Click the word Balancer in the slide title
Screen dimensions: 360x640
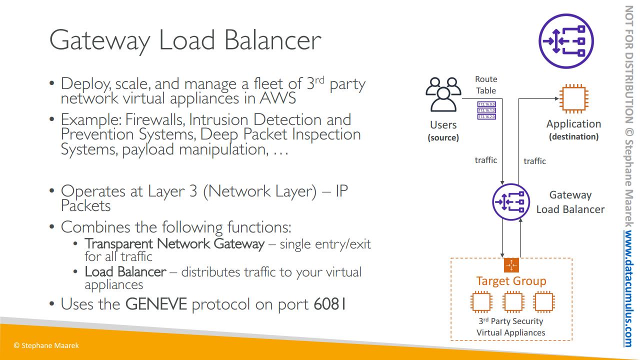272,40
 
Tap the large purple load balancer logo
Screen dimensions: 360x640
565,40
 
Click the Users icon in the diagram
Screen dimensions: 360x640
442,95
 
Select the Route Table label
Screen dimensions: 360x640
486,85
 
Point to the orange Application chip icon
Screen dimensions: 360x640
573,99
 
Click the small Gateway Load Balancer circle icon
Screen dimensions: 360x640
510,202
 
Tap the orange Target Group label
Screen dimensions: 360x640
511,281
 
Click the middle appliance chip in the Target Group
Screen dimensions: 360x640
512,302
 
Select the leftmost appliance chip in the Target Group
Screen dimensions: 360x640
481,302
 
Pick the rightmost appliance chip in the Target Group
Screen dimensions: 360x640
543,302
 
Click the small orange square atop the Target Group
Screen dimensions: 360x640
511,265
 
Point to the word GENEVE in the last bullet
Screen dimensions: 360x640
156,304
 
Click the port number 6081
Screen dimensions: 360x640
330,304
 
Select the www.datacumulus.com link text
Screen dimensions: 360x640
628,289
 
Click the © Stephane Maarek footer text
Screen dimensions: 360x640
46,345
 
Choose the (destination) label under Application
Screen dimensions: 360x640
573,136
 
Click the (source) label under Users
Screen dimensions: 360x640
443,137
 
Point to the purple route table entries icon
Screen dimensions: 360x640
486,110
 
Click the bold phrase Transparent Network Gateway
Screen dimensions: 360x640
174,244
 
